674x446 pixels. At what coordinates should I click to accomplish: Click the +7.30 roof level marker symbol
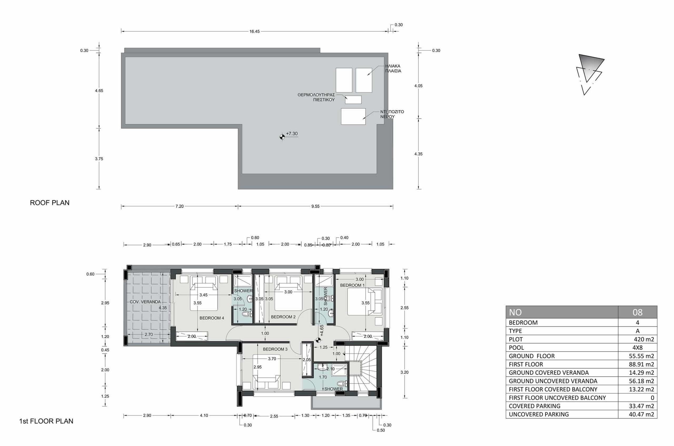[x=282, y=137]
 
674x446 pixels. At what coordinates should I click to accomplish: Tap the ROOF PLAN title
[x=50, y=203]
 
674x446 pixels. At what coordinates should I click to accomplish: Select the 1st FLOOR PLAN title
[x=46, y=421]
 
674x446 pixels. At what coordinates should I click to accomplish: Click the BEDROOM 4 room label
[x=212, y=318]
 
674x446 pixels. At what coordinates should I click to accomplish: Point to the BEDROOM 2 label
[x=283, y=317]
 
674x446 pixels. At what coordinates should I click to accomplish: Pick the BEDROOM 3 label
[x=275, y=349]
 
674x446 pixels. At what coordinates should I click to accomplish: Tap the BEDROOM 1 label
[x=352, y=285]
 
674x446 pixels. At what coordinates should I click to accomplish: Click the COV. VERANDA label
[x=145, y=302]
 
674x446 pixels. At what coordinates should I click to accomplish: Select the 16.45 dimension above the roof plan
[x=254, y=32]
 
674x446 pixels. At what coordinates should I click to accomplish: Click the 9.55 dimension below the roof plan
[x=315, y=207]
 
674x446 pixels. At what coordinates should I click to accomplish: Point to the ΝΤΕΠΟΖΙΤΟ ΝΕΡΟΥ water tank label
[x=392, y=114]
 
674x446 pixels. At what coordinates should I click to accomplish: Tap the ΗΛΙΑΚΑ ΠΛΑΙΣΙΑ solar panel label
[x=393, y=68]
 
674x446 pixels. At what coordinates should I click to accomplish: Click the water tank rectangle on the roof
[x=353, y=117]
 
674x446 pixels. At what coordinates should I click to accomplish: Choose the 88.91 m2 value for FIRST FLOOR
[x=641, y=364]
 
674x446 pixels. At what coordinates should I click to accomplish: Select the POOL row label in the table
[x=516, y=347]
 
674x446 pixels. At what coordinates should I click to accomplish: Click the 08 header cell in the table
[x=637, y=312]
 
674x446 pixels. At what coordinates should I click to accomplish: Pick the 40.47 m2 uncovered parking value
[x=641, y=414]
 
